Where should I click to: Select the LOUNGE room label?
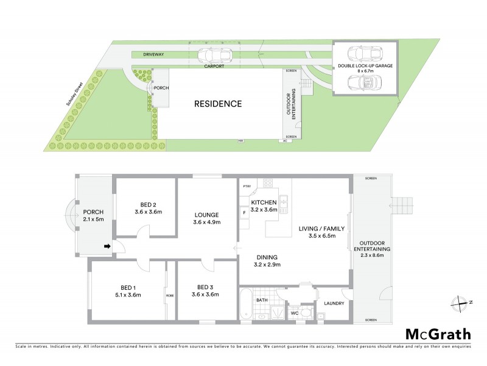click(207, 214)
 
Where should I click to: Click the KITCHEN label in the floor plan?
click(264, 202)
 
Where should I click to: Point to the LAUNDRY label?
click(334, 303)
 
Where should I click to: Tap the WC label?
click(293, 314)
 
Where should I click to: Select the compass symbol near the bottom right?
click(460, 301)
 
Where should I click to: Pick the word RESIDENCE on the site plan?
click(218, 104)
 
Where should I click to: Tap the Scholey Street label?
click(76, 90)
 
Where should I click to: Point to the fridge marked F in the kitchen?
click(245, 212)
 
